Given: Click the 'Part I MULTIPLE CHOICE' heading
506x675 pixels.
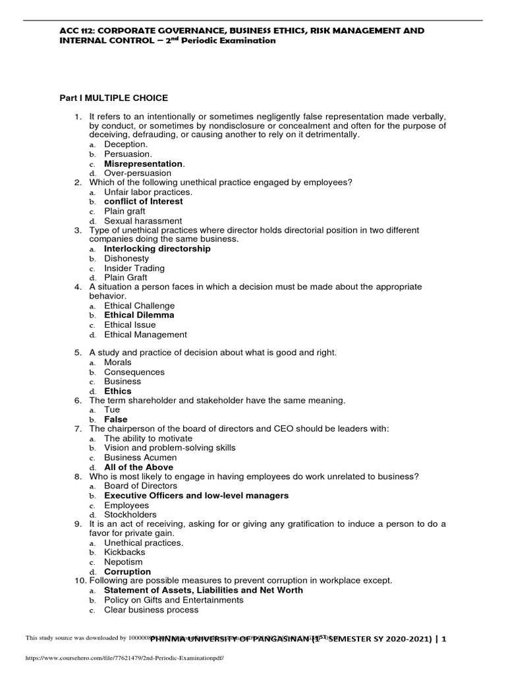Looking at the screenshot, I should click(114, 98).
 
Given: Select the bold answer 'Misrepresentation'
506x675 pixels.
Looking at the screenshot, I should click(144, 163).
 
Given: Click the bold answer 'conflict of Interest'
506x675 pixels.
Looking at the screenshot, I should click(143, 202).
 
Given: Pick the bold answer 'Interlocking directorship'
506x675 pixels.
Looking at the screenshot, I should click(157, 249).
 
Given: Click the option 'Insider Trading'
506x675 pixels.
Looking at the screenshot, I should click(134, 268).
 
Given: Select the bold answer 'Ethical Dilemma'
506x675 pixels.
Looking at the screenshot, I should click(139, 315).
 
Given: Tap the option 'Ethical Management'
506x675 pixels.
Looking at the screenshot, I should click(145, 334).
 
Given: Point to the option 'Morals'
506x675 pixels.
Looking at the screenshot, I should click(117, 363).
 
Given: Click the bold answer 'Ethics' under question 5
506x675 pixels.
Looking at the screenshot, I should click(117, 391).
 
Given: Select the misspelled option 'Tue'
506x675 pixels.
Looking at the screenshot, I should click(112, 410).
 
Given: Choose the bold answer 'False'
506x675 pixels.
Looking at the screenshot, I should click(116, 419).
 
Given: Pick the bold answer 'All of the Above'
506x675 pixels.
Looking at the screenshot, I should click(138, 467).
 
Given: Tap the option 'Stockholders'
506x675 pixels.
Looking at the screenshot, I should click(130, 514).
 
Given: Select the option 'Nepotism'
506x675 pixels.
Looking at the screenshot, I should click(123, 562).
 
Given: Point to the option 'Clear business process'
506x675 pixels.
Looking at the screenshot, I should click(151, 610).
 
